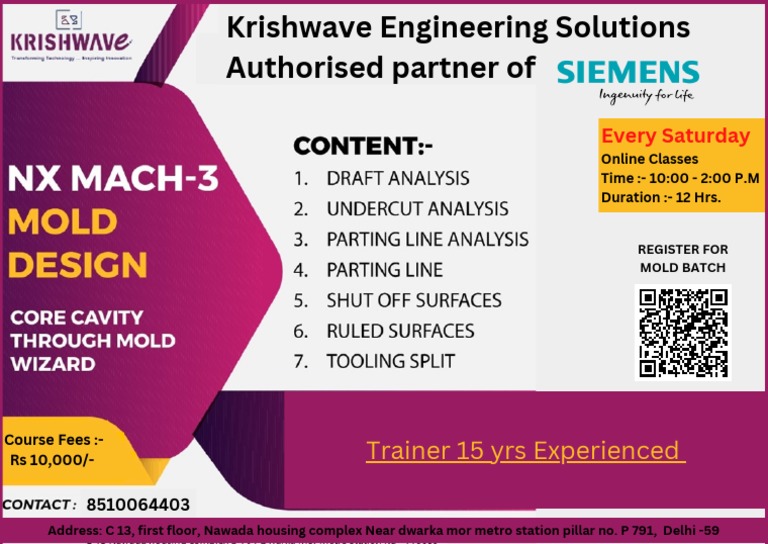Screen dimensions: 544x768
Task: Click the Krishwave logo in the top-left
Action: point(70,39)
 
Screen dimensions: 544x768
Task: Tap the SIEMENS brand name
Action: point(628,71)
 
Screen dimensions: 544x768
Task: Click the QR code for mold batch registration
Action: point(683,333)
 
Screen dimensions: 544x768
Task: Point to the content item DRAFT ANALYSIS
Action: point(397,179)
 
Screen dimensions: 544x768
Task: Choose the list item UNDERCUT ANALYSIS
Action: point(417,209)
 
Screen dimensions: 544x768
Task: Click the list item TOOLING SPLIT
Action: point(390,361)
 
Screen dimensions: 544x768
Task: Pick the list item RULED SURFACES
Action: point(400,331)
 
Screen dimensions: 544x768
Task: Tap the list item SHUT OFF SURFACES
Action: point(414,300)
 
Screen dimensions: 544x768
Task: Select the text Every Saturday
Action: point(675,136)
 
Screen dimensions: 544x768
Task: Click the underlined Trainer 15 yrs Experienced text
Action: point(525,450)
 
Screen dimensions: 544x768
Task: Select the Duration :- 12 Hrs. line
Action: point(661,197)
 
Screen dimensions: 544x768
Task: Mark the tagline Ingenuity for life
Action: point(646,96)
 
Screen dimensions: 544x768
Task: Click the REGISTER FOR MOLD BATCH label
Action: point(683,258)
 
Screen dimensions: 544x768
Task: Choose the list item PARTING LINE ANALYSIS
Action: point(427,240)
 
